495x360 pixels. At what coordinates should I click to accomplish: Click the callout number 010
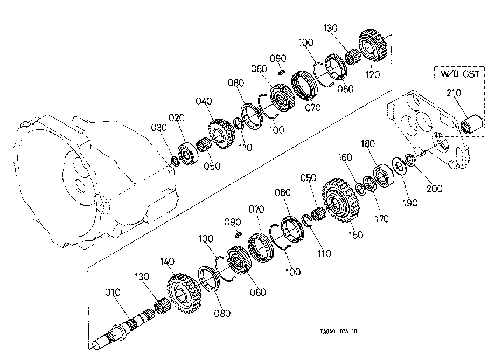113,293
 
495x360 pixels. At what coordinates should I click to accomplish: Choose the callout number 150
355,234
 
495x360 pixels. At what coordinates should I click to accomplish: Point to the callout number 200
434,189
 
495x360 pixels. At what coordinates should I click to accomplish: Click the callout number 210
454,94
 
